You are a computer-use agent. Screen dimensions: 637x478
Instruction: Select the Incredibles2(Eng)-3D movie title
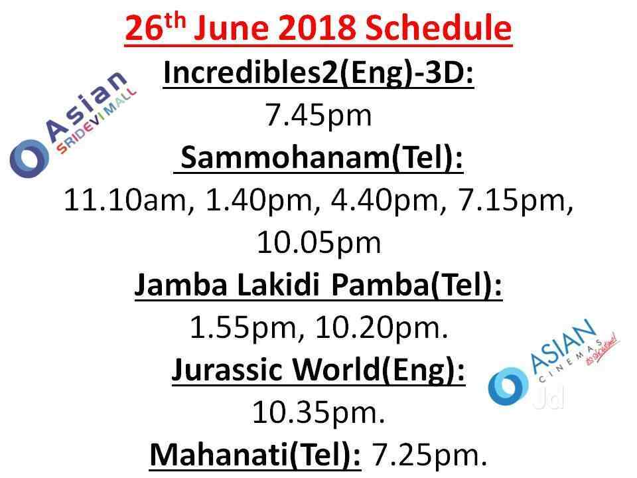coord(318,74)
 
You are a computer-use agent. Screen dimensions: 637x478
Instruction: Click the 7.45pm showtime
coord(318,116)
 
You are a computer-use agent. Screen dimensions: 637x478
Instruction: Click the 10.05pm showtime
coord(319,243)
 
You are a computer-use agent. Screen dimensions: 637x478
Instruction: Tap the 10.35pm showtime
coord(318,412)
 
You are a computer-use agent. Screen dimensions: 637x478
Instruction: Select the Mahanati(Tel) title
coord(255,455)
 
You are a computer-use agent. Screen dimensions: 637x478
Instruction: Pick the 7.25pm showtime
coord(429,455)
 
